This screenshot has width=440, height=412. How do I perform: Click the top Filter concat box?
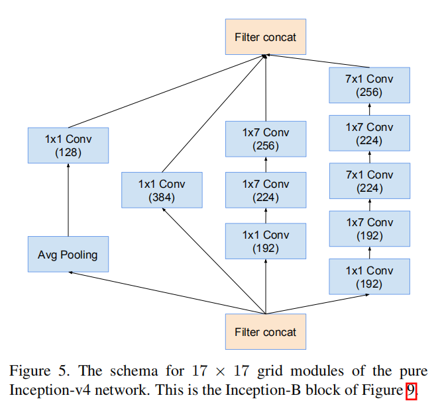(266, 37)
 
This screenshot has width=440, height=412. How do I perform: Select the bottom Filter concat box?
(266, 332)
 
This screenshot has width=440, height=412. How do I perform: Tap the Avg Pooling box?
(68, 255)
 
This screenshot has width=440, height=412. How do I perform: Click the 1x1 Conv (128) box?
(68, 145)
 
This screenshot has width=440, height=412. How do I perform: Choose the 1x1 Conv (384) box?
(162, 190)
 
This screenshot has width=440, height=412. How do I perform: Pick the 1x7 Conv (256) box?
(266, 139)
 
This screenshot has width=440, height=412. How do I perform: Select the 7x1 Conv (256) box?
(369, 85)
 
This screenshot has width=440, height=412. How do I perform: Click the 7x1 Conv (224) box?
(369, 181)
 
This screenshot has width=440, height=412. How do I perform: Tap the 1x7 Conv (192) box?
(369, 229)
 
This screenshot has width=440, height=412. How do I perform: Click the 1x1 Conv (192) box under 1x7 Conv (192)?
(369, 277)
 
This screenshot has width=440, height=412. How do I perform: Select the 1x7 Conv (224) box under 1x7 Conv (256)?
(266, 190)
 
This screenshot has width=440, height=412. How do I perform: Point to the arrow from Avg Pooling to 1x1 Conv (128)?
(68, 200)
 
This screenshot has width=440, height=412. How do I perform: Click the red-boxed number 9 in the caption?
(411, 390)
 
